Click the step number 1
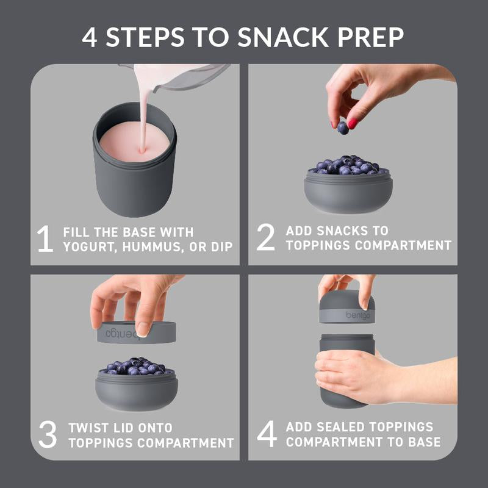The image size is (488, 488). pyautogui.click(x=45, y=239)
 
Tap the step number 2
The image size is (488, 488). pyautogui.click(x=266, y=238)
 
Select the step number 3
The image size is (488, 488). pyautogui.click(x=48, y=434)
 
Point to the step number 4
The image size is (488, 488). pyautogui.click(x=267, y=433)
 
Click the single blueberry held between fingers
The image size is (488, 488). pyautogui.click(x=343, y=127)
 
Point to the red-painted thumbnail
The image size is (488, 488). pyautogui.click(x=352, y=123)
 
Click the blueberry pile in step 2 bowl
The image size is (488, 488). pyautogui.click(x=347, y=165)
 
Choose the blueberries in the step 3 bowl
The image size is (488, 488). pyautogui.click(x=135, y=366)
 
